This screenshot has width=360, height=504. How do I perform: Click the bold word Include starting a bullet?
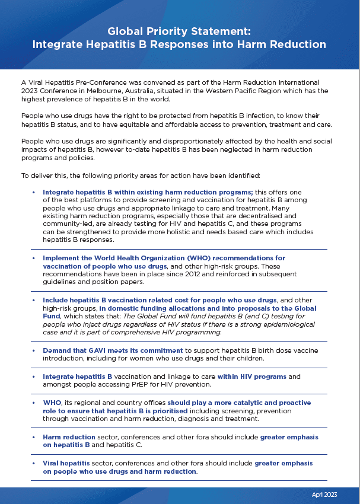click(x=56, y=301)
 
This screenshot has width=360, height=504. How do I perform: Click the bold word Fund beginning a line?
click(x=52, y=317)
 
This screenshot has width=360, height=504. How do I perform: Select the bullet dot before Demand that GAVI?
click(x=34, y=350)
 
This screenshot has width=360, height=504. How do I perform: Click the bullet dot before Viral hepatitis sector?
click(x=34, y=463)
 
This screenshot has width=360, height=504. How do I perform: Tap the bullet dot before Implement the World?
click(x=34, y=258)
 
